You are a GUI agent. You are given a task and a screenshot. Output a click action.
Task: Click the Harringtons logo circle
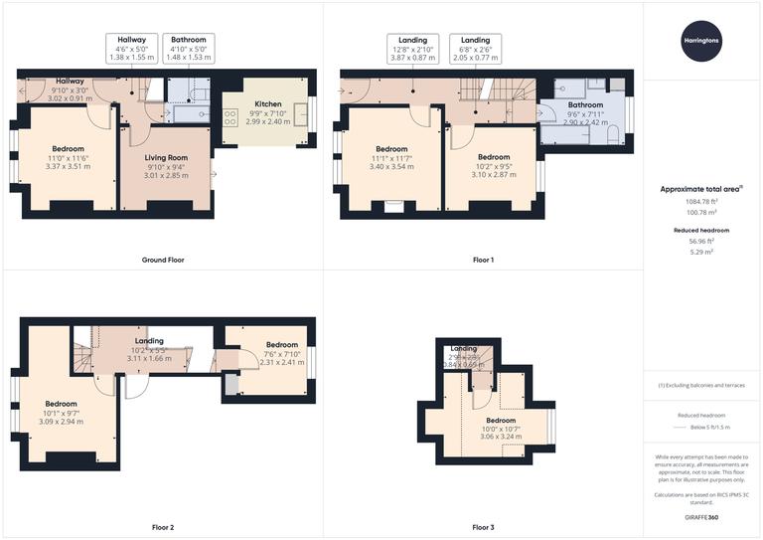click(702, 40)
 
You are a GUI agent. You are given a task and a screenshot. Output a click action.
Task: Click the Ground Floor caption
click(162, 260)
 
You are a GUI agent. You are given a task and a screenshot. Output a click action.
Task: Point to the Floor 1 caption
click(483, 260)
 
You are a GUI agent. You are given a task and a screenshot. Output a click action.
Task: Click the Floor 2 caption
click(162, 526)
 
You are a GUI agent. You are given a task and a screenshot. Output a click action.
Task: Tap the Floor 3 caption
click(483, 526)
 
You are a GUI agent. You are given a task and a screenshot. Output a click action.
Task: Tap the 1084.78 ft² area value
click(702, 200)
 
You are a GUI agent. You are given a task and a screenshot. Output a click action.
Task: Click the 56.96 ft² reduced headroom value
click(702, 241)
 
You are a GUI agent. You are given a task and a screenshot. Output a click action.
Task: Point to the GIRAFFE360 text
click(702, 518)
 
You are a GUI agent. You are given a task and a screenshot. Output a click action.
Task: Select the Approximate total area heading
click(700, 188)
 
